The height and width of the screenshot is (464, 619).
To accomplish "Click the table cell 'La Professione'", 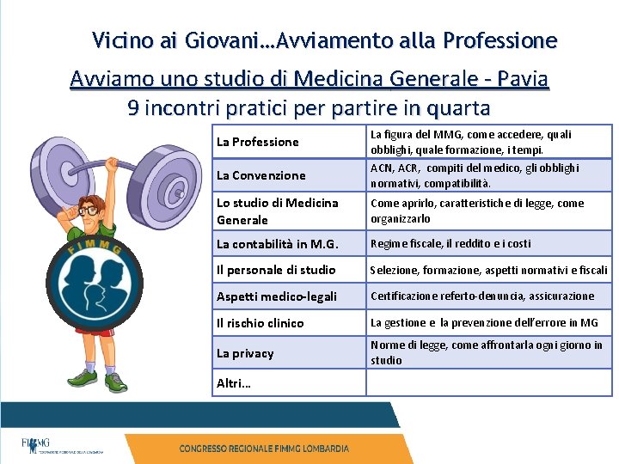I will coord(258,142).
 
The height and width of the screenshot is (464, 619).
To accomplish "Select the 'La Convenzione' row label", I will coord(261,175).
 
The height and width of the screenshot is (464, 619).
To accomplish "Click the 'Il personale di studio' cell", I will coord(276,270).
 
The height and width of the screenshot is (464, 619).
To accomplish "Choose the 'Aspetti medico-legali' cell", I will coord(276,296).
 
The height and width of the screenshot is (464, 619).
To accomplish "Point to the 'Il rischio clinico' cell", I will coord(260,323).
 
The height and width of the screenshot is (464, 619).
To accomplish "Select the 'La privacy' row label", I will coord(245,353).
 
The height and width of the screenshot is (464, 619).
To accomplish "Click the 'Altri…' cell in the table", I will coord(234,383).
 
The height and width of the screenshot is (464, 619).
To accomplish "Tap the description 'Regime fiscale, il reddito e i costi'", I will coord(450,244).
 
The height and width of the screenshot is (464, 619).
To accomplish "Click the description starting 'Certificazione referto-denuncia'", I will coord(482,296).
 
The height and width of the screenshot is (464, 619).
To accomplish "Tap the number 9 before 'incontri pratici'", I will coord(133,108).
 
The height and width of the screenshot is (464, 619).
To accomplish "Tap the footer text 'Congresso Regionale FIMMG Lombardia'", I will coord(264,449).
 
